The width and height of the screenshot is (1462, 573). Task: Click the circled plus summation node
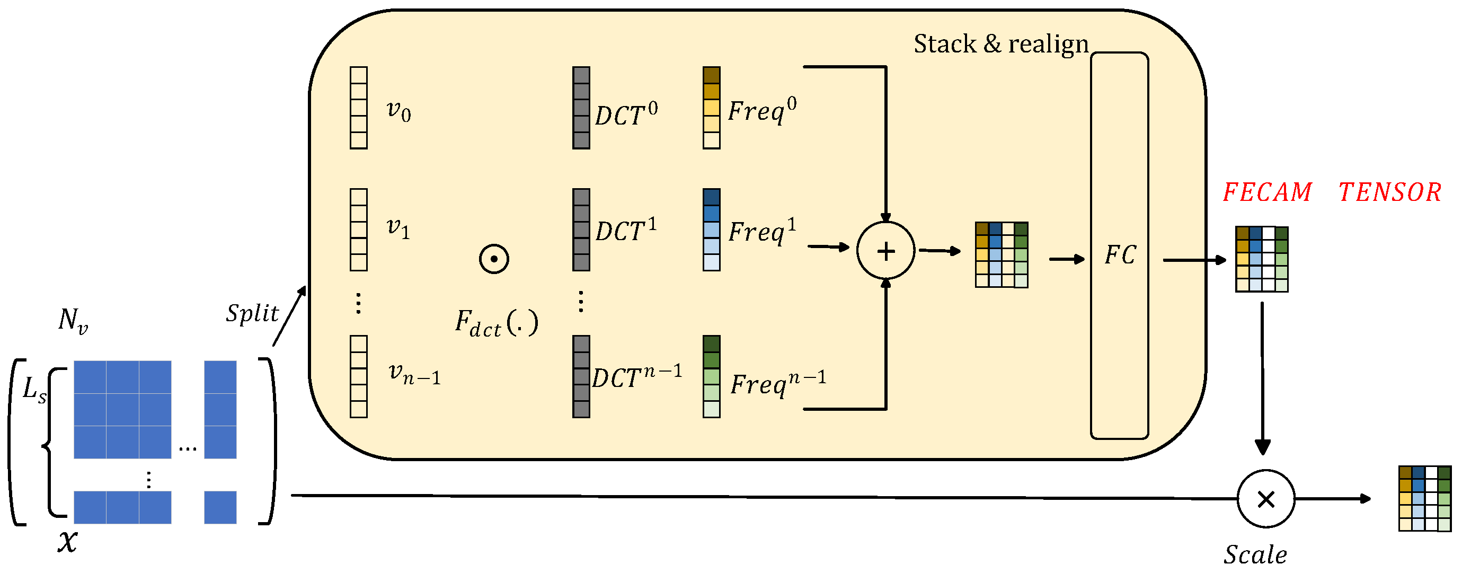tap(885, 250)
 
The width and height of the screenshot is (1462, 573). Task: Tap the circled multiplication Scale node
tap(1265, 499)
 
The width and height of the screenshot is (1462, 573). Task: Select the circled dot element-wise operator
tap(494, 259)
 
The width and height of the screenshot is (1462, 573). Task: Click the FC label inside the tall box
tap(1120, 255)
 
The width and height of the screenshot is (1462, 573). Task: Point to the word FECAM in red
tap(1267, 192)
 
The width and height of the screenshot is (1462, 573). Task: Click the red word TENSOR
tap(1390, 192)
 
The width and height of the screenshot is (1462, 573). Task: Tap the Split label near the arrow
tap(252, 313)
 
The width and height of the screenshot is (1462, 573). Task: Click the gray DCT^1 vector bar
tap(581, 230)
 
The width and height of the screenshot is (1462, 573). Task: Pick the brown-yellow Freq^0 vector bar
tap(711, 108)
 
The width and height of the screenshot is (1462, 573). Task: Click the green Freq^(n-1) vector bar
tap(711, 376)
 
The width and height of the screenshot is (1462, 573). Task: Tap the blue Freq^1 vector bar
tap(711, 230)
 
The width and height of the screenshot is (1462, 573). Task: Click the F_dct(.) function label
tap(496, 324)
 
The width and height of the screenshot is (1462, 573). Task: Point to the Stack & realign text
tap(1000, 43)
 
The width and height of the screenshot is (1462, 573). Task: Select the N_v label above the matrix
tap(73, 320)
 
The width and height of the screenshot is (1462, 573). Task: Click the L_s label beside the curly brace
tap(34, 390)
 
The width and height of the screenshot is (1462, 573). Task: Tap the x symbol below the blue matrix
tap(67, 541)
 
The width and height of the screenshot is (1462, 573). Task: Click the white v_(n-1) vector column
tap(359, 376)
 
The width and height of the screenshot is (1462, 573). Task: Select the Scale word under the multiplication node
tap(1255, 555)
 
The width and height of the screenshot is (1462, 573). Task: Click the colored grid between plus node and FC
tap(1001, 255)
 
